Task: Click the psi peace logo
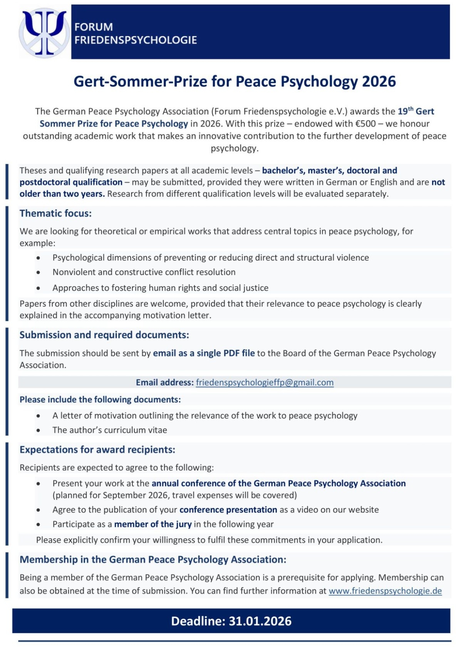(x=44, y=33)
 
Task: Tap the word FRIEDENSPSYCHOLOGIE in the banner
(x=136, y=40)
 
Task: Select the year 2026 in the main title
(x=379, y=82)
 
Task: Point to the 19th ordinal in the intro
(x=406, y=111)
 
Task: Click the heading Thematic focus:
(x=56, y=213)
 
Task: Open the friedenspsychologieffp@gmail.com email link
(x=265, y=382)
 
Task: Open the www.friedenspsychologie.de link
(x=385, y=591)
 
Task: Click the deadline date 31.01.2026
(x=260, y=621)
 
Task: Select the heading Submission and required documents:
(x=104, y=335)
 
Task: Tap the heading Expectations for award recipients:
(x=97, y=450)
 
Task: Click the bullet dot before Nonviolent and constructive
(x=38, y=272)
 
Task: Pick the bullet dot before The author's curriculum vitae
(x=38, y=430)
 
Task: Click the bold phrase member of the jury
(x=153, y=524)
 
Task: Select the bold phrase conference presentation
(x=228, y=510)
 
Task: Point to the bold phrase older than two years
(x=62, y=194)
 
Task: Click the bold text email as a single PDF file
(x=204, y=353)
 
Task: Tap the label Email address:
(x=164, y=382)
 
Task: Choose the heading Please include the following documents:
(x=100, y=400)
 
